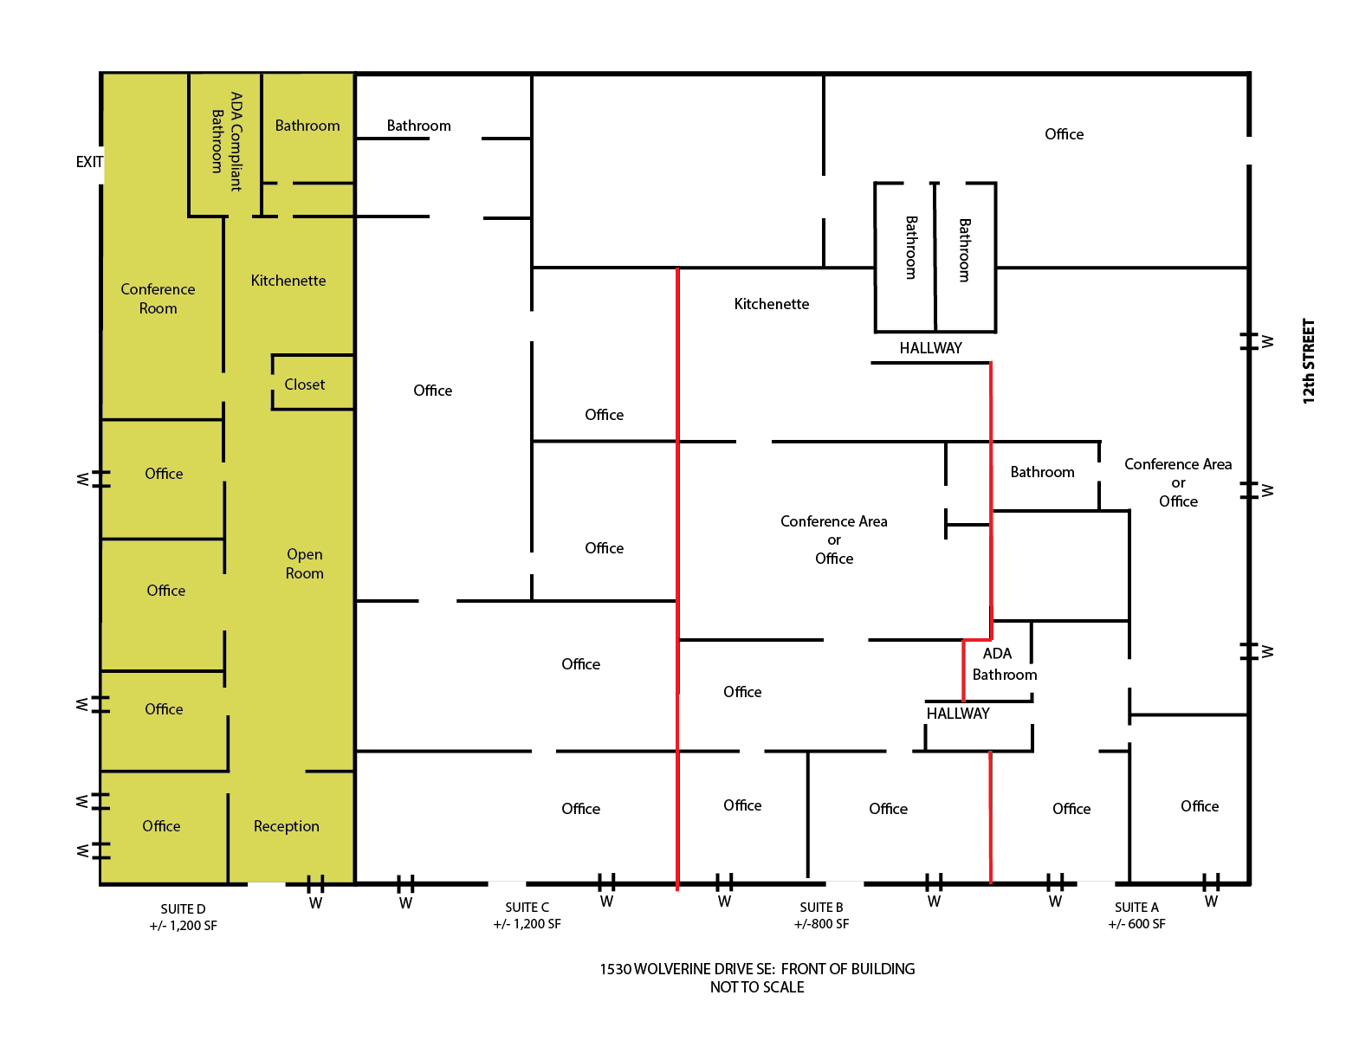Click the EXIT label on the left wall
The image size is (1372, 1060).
tap(89, 162)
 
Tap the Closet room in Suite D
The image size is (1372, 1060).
tap(313, 383)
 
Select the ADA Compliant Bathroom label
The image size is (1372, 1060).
tap(227, 141)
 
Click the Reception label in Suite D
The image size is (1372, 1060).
tap(286, 826)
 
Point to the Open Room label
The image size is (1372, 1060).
tap(304, 563)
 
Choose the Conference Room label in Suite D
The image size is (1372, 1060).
tap(158, 298)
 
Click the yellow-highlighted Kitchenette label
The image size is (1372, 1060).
tap(288, 281)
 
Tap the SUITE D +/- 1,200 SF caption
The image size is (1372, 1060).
tap(183, 917)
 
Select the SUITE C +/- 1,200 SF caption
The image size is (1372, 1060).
tap(527, 915)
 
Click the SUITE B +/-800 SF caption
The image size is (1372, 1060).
tap(821, 915)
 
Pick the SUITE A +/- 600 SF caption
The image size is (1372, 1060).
tap(1136, 915)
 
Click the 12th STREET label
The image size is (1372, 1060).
tap(1308, 360)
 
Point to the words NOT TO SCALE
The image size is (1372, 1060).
tap(757, 986)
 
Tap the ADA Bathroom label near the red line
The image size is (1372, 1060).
tap(1004, 663)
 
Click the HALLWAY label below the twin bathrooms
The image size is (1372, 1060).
tap(930, 348)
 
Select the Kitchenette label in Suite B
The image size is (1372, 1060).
tap(771, 304)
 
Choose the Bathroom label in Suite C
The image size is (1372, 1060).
tap(418, 126)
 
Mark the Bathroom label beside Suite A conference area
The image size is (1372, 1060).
tap(1042, 472)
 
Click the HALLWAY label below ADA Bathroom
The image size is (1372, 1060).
tap(958, 714)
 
